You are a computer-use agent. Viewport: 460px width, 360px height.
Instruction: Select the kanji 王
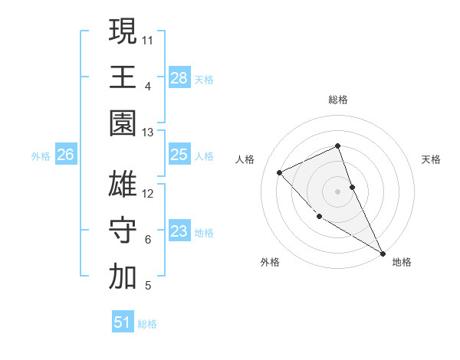pos(123,77)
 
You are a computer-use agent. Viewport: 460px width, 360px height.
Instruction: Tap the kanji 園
pos(123,123)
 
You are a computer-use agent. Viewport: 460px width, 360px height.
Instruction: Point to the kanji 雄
pos(123,185)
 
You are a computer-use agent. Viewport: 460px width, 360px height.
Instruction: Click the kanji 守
pos(123,231)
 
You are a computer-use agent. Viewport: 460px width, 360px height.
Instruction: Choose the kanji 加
pos(123,277)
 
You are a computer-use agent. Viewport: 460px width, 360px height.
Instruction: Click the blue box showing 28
pos(179,77)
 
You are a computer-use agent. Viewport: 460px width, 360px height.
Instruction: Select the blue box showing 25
pos(179,155)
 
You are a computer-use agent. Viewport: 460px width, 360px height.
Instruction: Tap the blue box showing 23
pos(179,231)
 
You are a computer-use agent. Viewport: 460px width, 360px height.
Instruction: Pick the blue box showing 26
pos(66,155)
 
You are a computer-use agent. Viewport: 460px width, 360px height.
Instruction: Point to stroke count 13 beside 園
pos(148,133)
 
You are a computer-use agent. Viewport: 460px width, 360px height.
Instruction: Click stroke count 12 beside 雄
pos(148,194)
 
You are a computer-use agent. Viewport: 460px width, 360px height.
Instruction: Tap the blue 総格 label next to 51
pos(148,324)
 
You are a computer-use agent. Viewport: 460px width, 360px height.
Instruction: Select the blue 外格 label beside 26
pos(41,156)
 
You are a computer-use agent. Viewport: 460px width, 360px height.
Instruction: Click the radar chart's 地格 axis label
pos(402,262)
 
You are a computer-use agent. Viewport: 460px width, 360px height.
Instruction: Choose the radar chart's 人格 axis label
pos(245,159)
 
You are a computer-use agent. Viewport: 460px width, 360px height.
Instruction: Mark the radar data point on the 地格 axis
pos(383,254)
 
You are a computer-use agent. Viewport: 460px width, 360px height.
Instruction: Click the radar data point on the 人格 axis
pos(280,172)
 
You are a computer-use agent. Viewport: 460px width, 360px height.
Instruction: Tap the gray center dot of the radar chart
pos(337,191)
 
